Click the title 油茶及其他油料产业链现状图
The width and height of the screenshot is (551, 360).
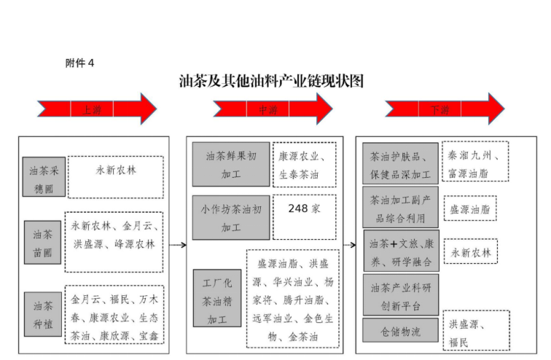271,81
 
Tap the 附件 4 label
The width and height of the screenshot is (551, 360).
79,63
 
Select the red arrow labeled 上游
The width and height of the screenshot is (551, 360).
97,109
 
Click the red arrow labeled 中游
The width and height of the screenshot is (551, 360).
273,109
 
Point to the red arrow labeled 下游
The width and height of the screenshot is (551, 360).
445,109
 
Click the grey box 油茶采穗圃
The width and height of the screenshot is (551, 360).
44,176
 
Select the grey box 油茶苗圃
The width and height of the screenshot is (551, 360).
42,243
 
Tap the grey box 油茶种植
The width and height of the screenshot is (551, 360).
43,314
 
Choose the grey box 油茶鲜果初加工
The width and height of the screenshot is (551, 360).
231,165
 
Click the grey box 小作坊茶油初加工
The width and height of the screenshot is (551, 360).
231,218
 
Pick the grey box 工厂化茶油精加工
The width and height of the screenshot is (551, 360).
217,298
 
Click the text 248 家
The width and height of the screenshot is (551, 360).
305,208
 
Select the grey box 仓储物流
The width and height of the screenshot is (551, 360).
400,330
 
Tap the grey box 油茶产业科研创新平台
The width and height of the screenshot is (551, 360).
401,295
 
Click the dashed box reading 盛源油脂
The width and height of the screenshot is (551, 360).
470,208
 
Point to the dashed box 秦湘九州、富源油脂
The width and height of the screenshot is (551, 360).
475,162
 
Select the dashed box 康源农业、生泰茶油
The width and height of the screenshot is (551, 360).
305,165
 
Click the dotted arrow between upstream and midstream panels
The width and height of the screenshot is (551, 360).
178,245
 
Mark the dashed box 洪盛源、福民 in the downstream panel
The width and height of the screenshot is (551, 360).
476,330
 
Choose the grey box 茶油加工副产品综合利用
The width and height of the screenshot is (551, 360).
400,207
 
